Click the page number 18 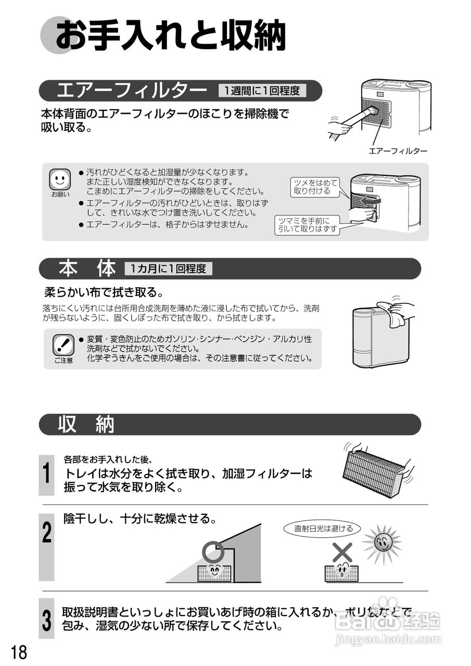point(19,652)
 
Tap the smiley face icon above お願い point(60,180)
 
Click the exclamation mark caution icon point(63,345)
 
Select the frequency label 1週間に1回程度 point(262,91)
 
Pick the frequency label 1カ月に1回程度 point(168,269)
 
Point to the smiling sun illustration point(382,543)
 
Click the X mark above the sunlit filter point(342,552)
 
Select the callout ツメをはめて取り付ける point(316,187)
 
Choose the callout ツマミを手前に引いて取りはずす point(307,225)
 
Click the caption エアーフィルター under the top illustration point(398,151)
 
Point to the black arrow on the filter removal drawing point(370,202)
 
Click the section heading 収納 point(86,424)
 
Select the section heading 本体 point(87,269)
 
